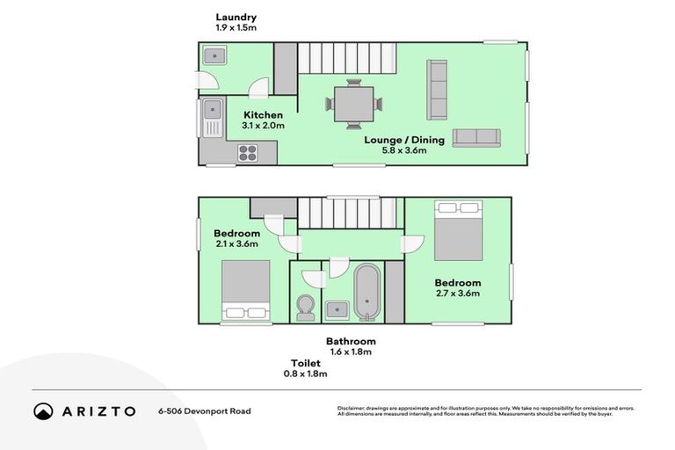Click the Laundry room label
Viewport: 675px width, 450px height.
(x=236, y=17)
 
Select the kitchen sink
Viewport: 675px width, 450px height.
(x=211, y=111)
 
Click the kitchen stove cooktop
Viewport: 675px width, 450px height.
(x=248, y=153)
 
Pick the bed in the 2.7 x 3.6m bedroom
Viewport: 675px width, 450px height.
(x=458, y=229)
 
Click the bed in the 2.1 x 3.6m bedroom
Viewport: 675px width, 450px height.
(x=245, y=291)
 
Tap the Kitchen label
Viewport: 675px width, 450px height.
(x=263, y=115)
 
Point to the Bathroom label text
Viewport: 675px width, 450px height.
(x=351, y=341)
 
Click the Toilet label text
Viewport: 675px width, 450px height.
(x=305, y=363)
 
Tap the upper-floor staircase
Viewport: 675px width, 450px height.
(x=348, y=213)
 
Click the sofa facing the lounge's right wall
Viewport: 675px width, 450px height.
(x=437, y=89)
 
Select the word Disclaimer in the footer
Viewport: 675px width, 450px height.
(x=353, y=408)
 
